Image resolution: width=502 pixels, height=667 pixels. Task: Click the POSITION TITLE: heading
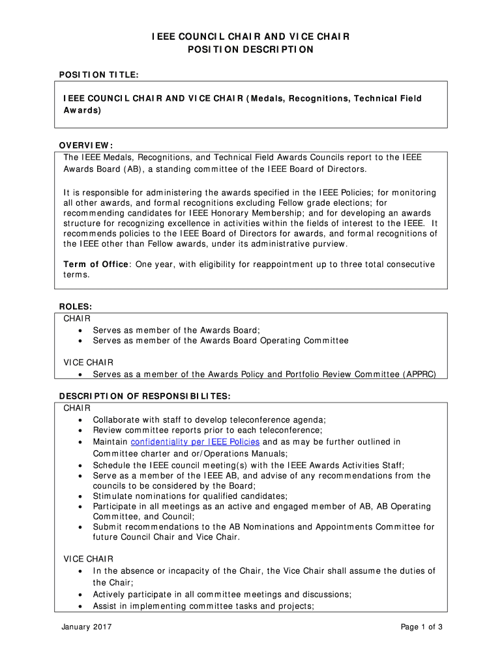pos(98,76)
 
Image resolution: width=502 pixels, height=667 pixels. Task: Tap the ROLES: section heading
pos(76,306)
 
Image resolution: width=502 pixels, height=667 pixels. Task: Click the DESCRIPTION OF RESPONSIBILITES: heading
pos(145,396)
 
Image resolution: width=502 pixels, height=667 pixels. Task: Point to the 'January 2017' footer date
pos(87,627)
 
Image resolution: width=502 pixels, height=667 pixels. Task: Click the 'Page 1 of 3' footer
pos(422,627)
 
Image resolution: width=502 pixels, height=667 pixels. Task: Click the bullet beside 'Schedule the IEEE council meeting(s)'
pos(80,465)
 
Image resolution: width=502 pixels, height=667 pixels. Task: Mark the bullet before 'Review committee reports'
pos(80,430)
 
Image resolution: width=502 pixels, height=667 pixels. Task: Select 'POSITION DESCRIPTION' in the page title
pos(251,50)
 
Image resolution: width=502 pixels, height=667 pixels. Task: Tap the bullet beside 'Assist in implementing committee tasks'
pos(80,606)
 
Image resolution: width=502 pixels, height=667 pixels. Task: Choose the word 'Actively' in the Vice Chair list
pos(110,595)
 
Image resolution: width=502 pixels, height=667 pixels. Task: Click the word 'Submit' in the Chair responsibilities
pos(107,527)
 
